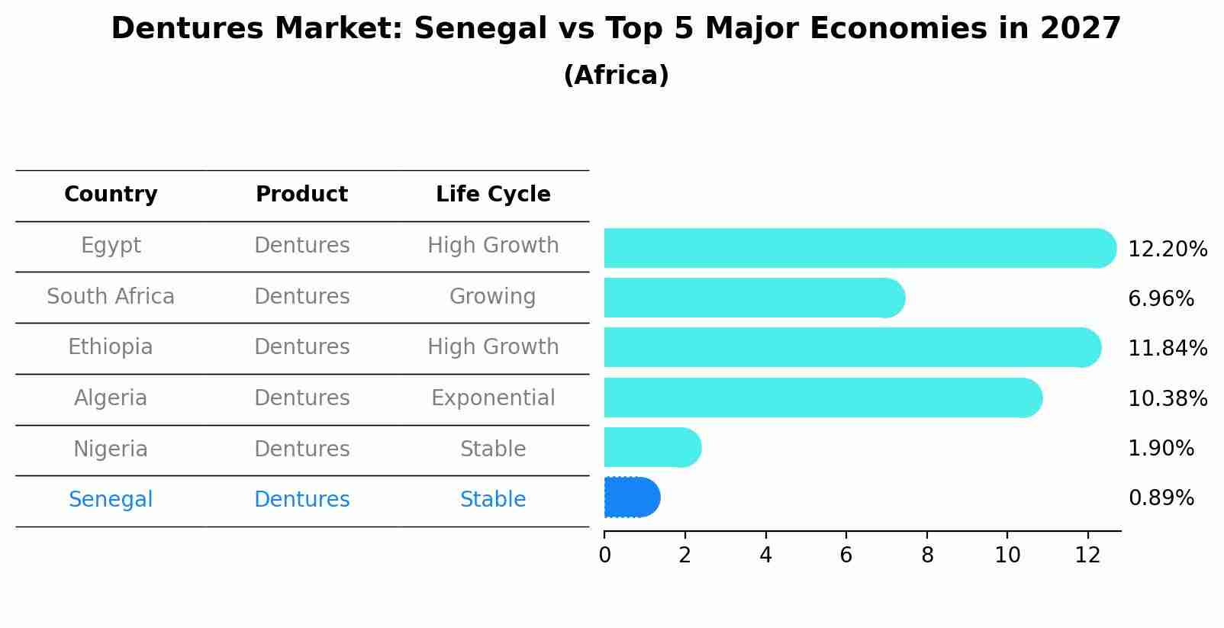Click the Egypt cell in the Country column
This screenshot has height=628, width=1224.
click(x=111, y=246)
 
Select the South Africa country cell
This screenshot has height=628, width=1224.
click(x=111, y=297)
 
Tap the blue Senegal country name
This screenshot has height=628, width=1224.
click(x=111, y=500)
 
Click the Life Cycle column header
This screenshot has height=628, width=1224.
click(x=493, y=195)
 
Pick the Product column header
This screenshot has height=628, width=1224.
click(x=301, y=195)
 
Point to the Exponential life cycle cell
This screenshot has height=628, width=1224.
click(x=493, y=398)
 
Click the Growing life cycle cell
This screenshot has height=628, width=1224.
click(x=493, y=297)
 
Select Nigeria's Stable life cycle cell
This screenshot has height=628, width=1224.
click(x=493, y=449)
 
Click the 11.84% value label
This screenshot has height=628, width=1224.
click(x=1168, y=349)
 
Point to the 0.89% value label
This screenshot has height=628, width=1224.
click(x=1161, y=498)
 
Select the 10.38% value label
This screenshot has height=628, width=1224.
click(x=1168, y=398)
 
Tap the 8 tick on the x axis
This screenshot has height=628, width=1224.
click(x=927, y=556)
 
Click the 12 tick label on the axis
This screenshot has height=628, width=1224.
click(x=1087, y=556)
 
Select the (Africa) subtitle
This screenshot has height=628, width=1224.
click(x=616, y=75)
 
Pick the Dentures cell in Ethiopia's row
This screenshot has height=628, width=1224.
click(x=301, y=347)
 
